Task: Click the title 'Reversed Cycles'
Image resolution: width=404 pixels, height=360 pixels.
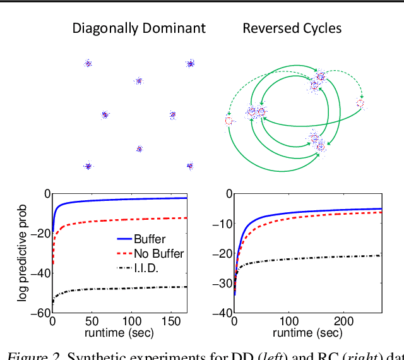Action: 292,28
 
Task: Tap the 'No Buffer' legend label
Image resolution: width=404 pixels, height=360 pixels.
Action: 158,254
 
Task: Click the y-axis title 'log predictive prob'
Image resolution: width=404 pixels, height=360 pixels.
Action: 22,253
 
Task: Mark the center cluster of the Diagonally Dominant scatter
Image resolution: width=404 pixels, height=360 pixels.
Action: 139,81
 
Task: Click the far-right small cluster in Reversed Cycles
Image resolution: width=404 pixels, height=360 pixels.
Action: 360,103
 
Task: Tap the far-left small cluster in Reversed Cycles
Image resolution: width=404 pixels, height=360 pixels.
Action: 229,120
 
